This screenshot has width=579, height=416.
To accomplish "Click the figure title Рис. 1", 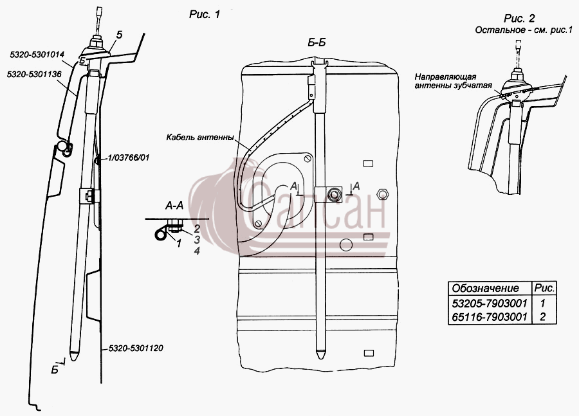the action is coord(205,14).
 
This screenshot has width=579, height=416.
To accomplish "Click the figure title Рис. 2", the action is coord(519,18).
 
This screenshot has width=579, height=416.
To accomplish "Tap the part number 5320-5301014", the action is coord(37,55).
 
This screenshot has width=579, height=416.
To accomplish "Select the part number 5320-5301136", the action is coord(34,75).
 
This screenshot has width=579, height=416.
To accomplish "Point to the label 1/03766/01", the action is coord(129,158).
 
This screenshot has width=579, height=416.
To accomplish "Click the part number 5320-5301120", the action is coord(136,348).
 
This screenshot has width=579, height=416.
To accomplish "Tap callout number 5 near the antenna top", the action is coord(119,35).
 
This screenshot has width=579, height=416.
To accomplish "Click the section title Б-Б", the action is coord(317,43).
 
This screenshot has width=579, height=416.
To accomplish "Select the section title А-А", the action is coord(174,206).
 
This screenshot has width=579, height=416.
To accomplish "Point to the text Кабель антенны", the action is coord(200,138).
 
